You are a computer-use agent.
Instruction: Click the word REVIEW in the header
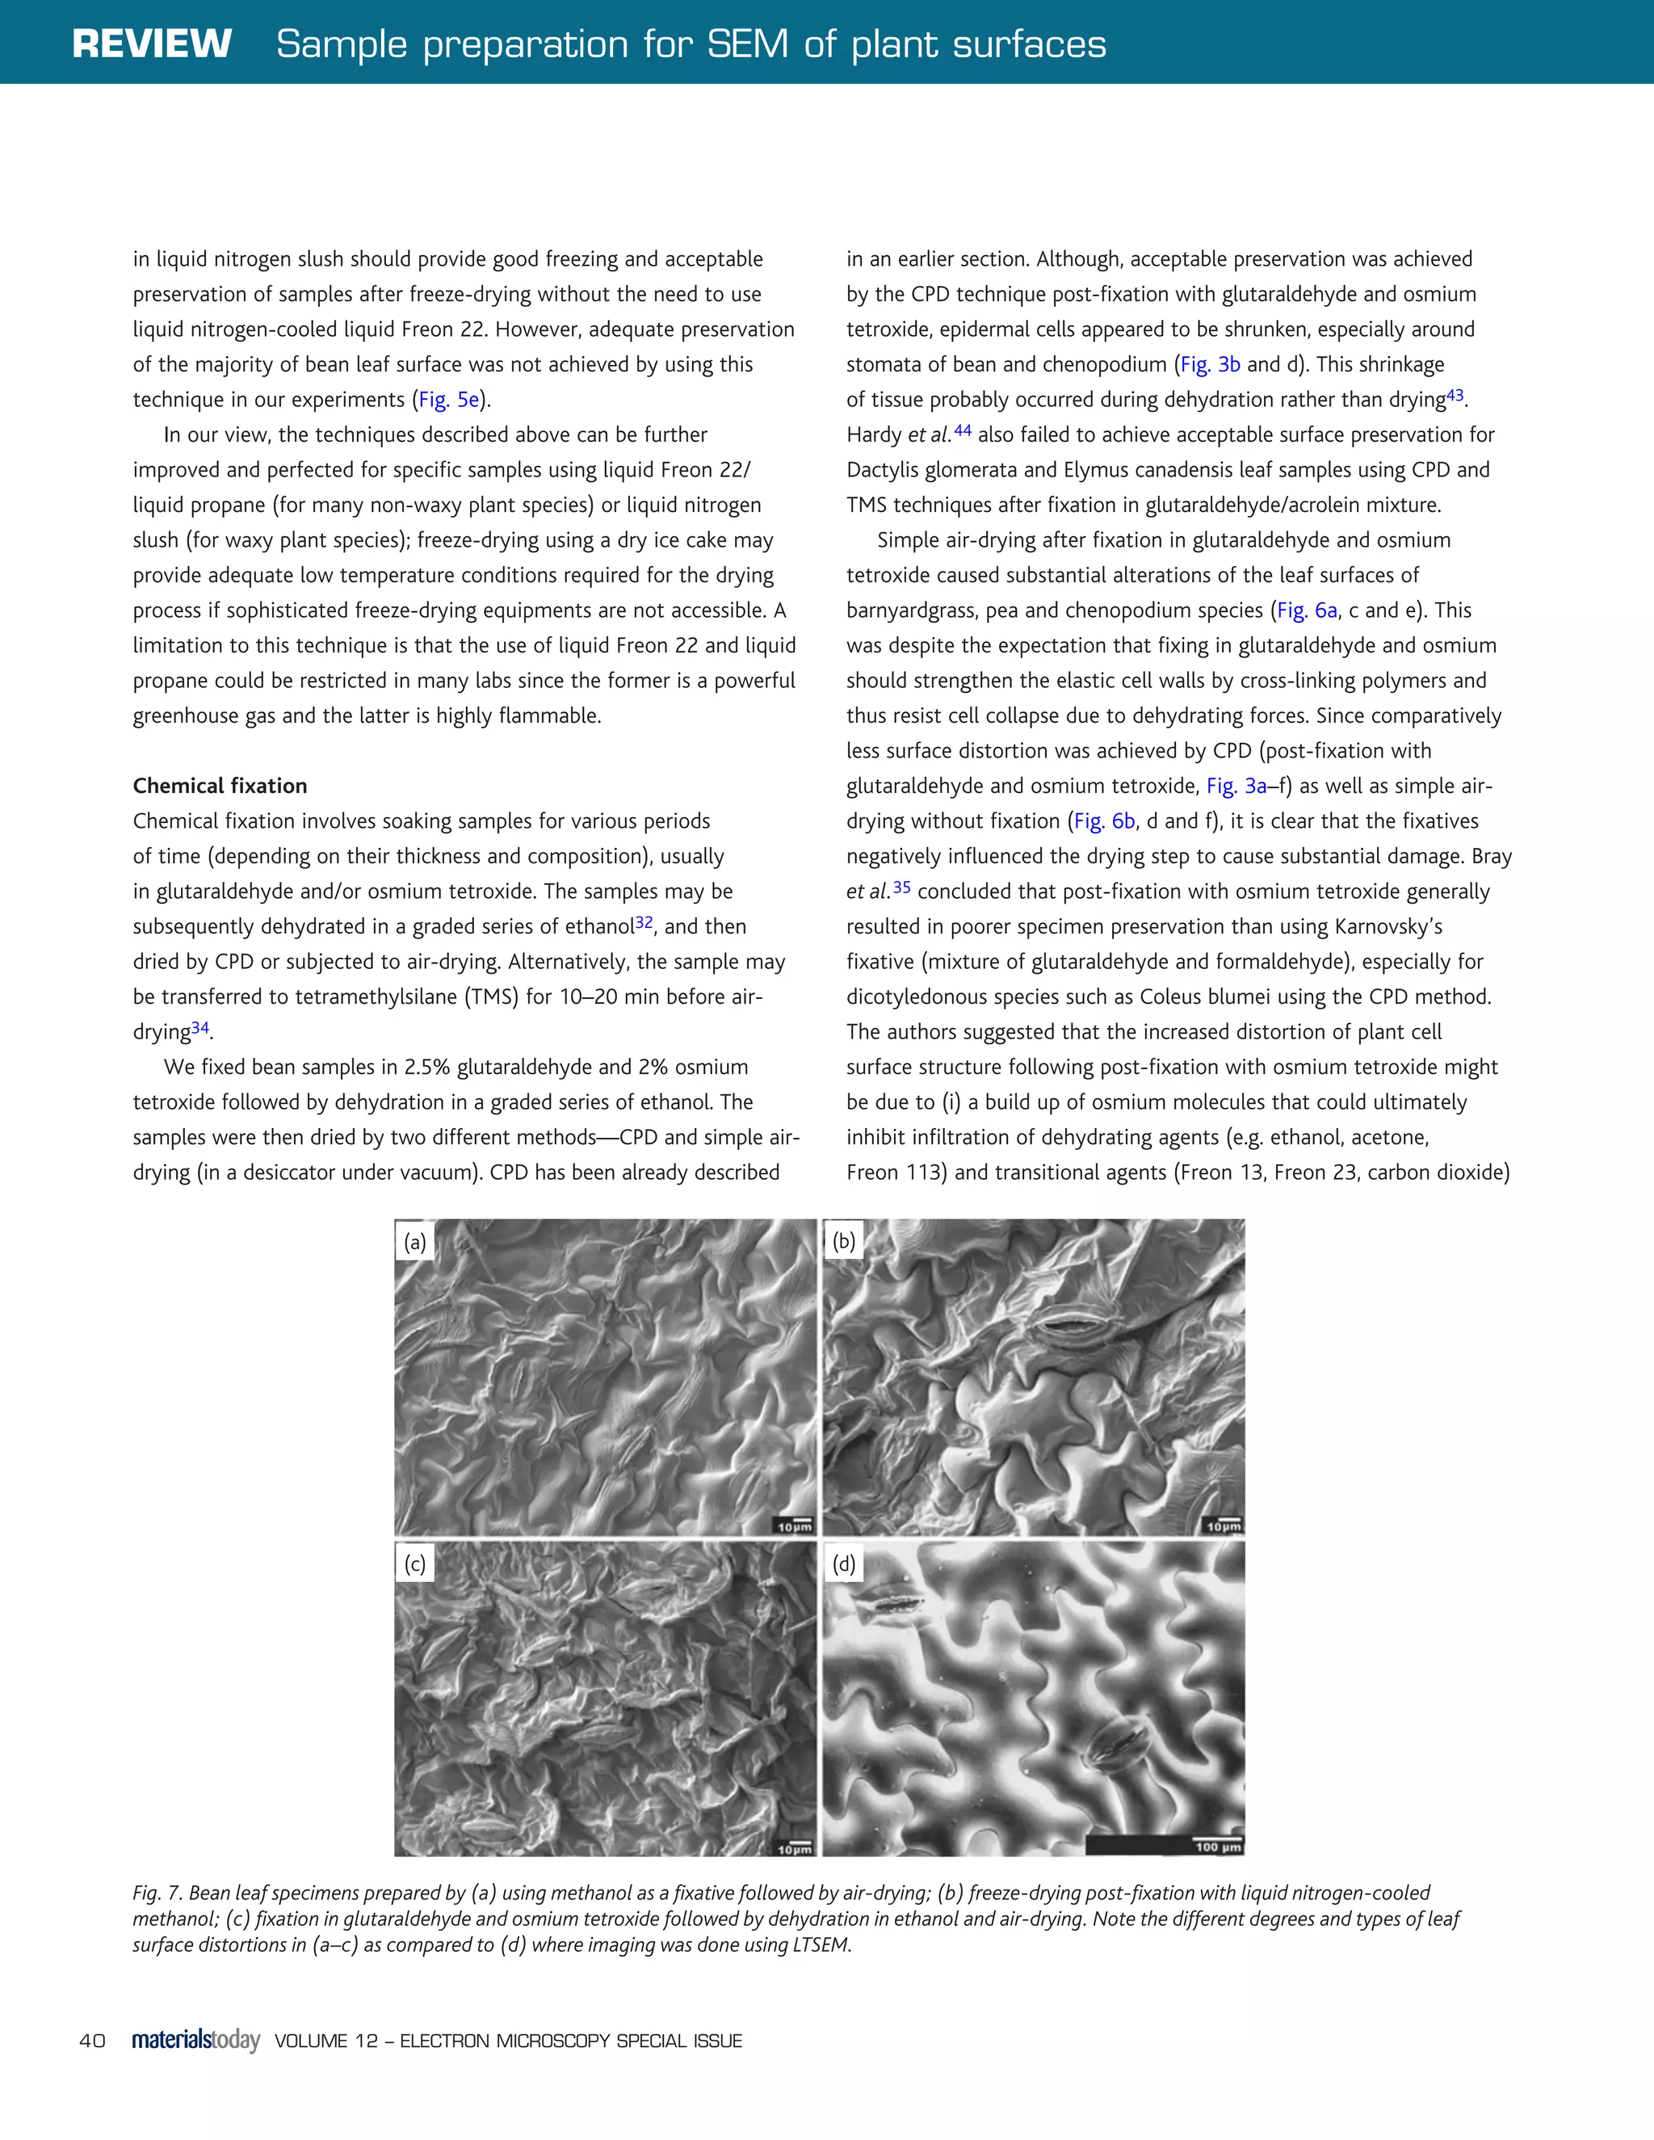(152, 44)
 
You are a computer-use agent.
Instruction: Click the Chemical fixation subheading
(220, 786)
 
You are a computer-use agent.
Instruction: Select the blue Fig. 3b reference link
(1210, 364)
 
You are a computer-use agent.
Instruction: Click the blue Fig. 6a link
(1308, 611)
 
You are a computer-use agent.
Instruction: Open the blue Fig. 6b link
(1104, 821)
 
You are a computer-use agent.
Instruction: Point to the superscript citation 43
(1455, 395)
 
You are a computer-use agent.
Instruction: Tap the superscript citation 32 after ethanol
(644, 922)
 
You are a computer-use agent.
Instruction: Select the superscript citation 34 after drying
(200, 1028)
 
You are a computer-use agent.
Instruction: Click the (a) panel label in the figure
(415, 1243)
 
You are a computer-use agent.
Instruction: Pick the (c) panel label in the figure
(415, 1564)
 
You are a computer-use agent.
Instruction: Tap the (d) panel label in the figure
(844, 1564)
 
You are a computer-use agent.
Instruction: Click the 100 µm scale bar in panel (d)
(1217, 1846)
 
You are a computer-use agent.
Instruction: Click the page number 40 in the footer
(92, 2041)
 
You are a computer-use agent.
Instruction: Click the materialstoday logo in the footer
(196, 2040)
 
